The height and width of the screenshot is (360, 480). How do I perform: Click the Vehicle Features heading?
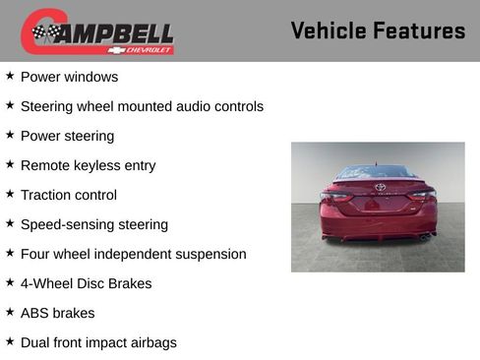pyautogui.click(x=378, y=31)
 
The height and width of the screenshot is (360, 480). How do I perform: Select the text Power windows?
pyautogui.click(x=69, y=77)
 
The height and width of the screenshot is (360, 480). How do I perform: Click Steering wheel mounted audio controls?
pyautogui.click(x=142, y=106)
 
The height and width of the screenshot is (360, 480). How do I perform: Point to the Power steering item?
pyautogui.click(x=67, y=136)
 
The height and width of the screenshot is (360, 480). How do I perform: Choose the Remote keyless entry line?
pyautogui.click(x=88, y=165)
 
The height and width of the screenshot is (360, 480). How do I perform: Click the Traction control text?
pyautogui.click(x=68, y=195)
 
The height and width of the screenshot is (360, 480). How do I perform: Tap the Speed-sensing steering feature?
pyautogui.click(x=93, y=224)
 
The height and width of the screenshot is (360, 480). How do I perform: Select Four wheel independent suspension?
pyautogui.click(x=133, y=254)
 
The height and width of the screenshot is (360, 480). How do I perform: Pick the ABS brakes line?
pyautogui.click(x=57, y=313)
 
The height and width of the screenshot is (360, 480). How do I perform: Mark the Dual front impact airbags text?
pyautogui.click(x=98, y=342)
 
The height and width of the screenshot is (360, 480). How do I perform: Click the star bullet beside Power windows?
pyautogui.click(x=10, y=76)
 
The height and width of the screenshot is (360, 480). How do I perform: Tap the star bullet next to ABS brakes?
pyautogui.click(x=10, y=312)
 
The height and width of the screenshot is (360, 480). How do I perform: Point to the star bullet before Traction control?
pyautogui.click(x=10, y=194)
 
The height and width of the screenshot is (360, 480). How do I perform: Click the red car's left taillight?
pyautogui.click(x=335, y=195)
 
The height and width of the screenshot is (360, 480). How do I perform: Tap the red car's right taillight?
pyautogui.click(x=422, y=195)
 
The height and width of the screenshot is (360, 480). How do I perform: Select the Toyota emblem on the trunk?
pyautogui.click(x=380, y=187)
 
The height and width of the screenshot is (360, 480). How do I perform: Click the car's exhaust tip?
pyautogui.click(x=425, y=236)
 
